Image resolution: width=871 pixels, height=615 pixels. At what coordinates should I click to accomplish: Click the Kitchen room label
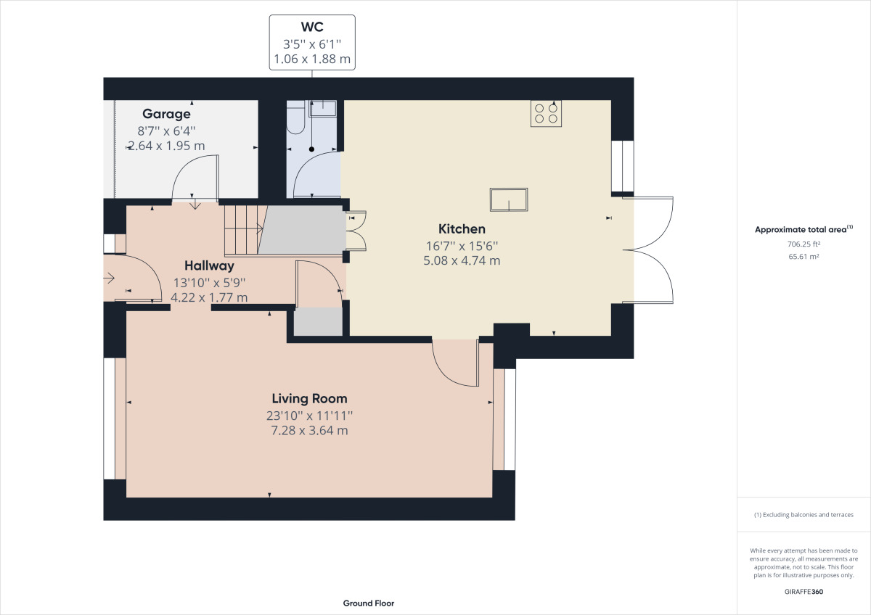pyautogui.click(x=462, y=229)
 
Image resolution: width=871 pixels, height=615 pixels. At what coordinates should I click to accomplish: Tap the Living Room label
pyautogui.click(x=309, y=399)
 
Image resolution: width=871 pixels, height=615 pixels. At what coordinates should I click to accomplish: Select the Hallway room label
pyautogui.click(x=209, y=265)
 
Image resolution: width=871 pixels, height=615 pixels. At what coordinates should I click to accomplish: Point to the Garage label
pyautogui.click(x=166, y=114)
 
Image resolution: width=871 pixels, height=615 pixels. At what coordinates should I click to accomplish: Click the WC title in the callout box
pyautogui.click(x=312, y=27)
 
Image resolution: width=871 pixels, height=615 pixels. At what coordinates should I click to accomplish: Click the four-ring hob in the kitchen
pyautogui.click(x=546, y=113)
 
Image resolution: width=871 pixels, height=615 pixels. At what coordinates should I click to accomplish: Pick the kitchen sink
pyautogui.click(x=509, y=199)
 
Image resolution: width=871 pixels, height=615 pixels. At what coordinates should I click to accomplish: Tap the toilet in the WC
pyautogui.click(x=295, y=117)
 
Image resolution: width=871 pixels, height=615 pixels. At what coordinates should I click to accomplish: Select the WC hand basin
pyautogui.click(x=323, y=108)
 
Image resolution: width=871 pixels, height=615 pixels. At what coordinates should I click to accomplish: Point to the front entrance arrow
pyautogui.click(x=109, y=278)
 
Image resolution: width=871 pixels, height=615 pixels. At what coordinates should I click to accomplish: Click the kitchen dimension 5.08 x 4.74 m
pyautogui.click(x=462, y=260)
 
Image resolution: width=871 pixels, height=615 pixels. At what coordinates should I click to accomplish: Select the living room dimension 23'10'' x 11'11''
pyautogui.click(x=309, y=416)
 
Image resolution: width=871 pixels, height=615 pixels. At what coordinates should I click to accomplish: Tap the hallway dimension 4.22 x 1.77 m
pyautogui.click(x=209, y=297)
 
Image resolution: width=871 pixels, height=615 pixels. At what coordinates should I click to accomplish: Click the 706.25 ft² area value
pyautogui.click(x=803, y=244)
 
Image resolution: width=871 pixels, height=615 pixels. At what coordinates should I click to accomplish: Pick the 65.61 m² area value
pyautogui.click(x=803, y=257)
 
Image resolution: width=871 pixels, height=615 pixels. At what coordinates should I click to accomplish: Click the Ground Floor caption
pyautogui.click(x=369, y=603)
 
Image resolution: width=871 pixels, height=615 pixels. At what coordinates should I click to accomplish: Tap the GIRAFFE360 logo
pyautogui.click(x=803, y=592)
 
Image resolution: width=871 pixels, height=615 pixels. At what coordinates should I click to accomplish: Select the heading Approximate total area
pyautogui.click(x=801, y=230)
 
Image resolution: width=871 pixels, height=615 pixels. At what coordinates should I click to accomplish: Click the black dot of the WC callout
pyautogui.click(x=311, y=149)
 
